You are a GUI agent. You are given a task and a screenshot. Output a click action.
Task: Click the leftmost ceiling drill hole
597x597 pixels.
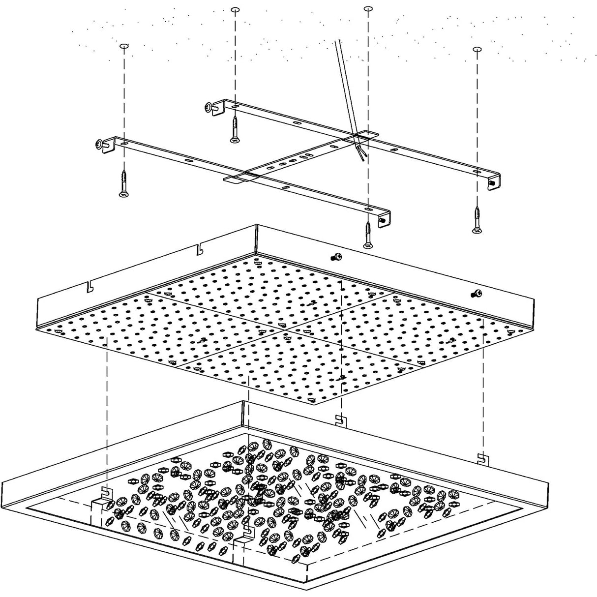123,46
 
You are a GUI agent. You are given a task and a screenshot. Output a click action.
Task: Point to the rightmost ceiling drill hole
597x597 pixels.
476,49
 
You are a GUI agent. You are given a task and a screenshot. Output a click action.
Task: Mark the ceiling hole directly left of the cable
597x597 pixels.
235,10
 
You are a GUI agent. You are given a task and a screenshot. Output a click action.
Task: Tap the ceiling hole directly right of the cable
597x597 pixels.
367,9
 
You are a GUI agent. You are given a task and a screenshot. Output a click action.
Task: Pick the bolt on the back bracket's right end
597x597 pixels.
491,182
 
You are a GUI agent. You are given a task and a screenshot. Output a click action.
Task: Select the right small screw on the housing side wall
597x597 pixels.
476,294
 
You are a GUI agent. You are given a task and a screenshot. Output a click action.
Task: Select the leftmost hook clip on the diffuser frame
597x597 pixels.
104,491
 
